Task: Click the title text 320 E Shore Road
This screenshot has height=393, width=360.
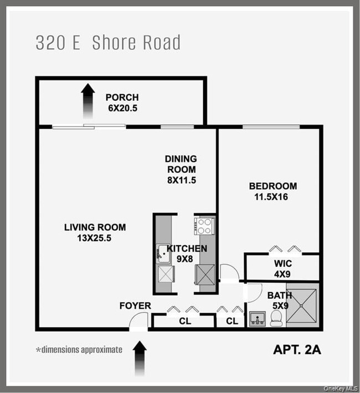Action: (108, 43)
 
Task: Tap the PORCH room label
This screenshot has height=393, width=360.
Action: (122, 98)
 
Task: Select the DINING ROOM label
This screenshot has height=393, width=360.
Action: (180, 164)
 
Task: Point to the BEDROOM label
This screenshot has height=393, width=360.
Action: (272, 186)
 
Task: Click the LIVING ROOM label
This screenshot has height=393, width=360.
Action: (95, 227)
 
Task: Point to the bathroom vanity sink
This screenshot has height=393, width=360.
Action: (257, 318)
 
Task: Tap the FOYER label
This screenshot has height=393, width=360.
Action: (135, 306)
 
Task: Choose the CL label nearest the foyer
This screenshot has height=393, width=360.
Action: (183, 320)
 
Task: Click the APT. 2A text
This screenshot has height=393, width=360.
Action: (297, 350)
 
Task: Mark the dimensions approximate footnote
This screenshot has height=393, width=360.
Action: (79, 350)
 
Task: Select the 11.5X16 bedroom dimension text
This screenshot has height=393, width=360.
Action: (272, 196)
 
